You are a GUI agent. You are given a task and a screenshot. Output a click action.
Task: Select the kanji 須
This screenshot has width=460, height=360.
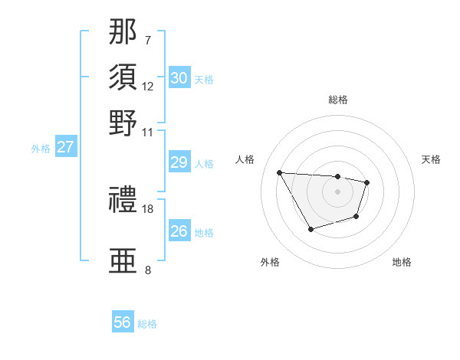tap(123, 77)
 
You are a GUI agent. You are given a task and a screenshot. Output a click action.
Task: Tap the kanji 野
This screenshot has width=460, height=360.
tap(123, 123)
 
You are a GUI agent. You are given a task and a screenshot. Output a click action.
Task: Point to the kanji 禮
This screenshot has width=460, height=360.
tap(123, 201)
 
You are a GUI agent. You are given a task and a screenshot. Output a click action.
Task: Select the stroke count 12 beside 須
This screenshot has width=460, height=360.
tap(148, 86)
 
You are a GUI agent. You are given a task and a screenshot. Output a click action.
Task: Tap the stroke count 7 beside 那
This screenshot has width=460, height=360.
tap(148, 39)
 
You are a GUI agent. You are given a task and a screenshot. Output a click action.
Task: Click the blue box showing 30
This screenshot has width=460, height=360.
tap(179, 78)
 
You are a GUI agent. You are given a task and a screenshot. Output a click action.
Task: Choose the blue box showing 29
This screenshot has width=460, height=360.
tap(179, 162)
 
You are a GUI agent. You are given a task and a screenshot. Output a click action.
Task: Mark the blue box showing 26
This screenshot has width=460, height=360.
tap(179, 231)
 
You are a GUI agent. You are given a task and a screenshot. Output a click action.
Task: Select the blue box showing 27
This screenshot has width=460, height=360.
tap(65, 147)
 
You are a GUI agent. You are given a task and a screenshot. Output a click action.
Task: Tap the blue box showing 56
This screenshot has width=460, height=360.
tap(123, 322)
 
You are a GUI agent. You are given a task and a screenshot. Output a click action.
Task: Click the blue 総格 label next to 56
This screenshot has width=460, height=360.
tap(147, 324)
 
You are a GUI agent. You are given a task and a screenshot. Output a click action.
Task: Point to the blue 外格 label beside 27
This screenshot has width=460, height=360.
tap(41, 149)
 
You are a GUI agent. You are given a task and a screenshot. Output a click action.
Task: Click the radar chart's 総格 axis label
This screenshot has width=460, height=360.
tap(338, 100)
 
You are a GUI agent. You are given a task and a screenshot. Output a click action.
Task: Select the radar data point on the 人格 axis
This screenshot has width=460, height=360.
tap(280, 172)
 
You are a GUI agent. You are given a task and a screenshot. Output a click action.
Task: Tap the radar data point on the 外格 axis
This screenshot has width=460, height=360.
tap(310, 229)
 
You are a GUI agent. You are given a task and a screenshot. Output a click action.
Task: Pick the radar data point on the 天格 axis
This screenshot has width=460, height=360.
tap(367, 182)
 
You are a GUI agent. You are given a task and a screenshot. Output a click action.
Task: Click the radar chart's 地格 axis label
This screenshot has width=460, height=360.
tap(402, 263)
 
